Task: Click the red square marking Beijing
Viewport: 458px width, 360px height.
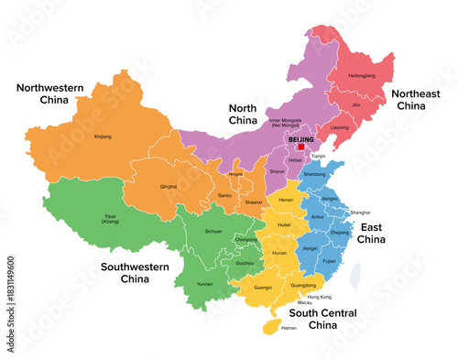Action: pyautogui.click(x=300, y=146)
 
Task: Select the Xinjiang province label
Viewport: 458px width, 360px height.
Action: pyautogui.click(x=103, y=136)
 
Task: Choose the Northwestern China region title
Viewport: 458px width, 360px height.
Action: pyautogui.click(x=49, y=93)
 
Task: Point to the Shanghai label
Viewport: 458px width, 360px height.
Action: pyautogui.click(x=360, y=212)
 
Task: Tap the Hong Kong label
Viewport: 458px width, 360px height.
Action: pyautogui.click(x=320, y=297)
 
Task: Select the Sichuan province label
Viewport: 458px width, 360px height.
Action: pyautogui.click(x=213, y=233)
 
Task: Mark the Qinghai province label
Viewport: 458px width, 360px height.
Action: pyautogui.click(x=169, y=186)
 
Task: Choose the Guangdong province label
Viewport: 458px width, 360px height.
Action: pyautogui.click(x=303, y=285)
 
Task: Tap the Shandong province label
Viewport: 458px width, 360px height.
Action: pyautogui.click(x=313, y=174)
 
